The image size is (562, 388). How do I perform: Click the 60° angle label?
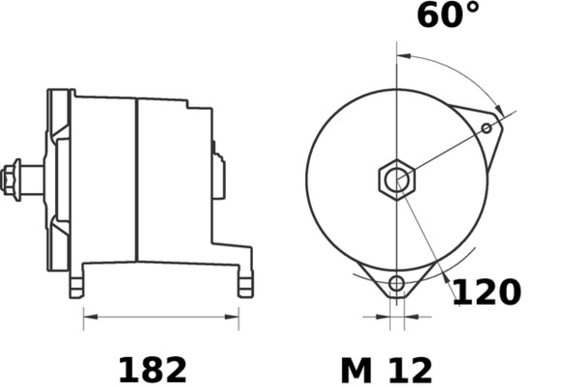tap(448, 16)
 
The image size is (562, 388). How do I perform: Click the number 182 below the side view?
tap(152, 369)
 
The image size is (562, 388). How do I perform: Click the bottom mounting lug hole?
tap(395, 283)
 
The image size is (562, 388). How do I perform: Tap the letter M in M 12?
tap(357, 369)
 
